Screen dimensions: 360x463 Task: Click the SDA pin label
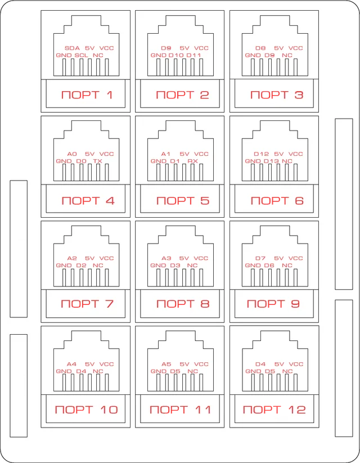click(x=73, y=48)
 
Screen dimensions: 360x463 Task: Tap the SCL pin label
click(x=81, y=55)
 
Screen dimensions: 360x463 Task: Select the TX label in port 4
click(x=98, y=161)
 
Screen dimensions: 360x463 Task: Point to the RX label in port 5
click(x=192, y=161)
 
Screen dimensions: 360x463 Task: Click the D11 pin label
click(x=193, y=55)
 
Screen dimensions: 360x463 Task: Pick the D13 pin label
click(x=271, y=161)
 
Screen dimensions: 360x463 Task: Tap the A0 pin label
click(x=72, y=154)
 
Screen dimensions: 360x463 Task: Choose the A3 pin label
click(x=166, y=258)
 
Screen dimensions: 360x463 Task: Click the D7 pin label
click(x=260, y=258)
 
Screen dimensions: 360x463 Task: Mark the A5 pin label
click(x=166, y=364)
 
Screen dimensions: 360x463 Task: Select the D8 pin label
click(x=260, y=48)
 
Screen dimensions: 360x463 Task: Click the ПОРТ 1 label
click(x=87, y=95)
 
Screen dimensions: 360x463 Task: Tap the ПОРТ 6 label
click(x=277, y=200)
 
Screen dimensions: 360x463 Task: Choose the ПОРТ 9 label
click(x=273, y=304)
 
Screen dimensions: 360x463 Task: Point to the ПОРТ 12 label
click(x=274, y=410)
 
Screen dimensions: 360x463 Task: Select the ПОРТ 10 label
click(x=87, y=410)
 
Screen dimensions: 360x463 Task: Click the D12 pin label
click(x=262, y=154)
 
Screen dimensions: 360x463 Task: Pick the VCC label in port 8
click(x=201, y=258)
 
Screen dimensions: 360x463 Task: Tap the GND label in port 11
click(x=158, y=371)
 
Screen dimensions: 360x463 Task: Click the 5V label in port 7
click(x=90, y=258)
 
